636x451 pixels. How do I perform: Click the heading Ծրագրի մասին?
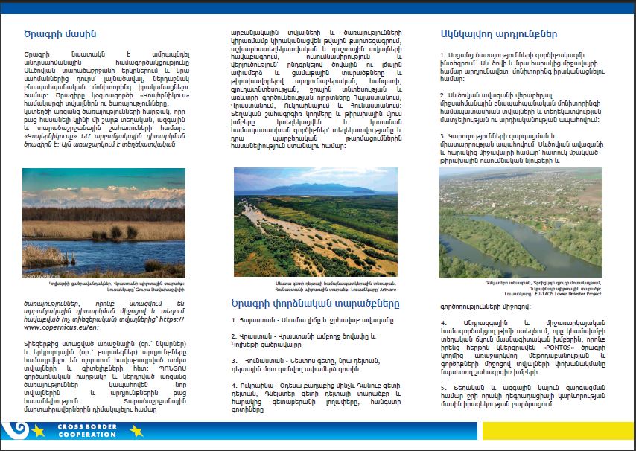pos(60,34)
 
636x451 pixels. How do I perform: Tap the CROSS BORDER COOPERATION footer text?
pos(87,430)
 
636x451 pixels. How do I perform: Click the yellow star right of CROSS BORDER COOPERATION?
pos(136,430)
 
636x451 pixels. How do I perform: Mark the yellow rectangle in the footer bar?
pos(559,430)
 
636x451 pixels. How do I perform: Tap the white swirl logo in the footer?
pos(13,430)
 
